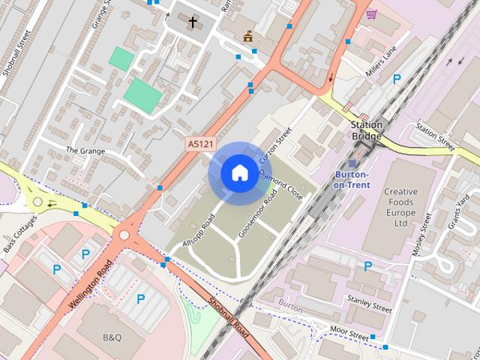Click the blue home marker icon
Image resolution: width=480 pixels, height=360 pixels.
(239, 173)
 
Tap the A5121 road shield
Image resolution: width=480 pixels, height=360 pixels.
(199, 143)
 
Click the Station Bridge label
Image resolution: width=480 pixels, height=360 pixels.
(367, 130)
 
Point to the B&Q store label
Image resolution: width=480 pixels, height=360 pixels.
(112, 337)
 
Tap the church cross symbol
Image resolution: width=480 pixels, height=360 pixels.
(193, 22)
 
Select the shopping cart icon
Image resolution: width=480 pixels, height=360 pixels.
(371, 13)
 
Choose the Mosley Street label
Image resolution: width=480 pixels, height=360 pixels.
(422, 236)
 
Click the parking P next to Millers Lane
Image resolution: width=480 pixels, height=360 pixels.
(396, 79)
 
